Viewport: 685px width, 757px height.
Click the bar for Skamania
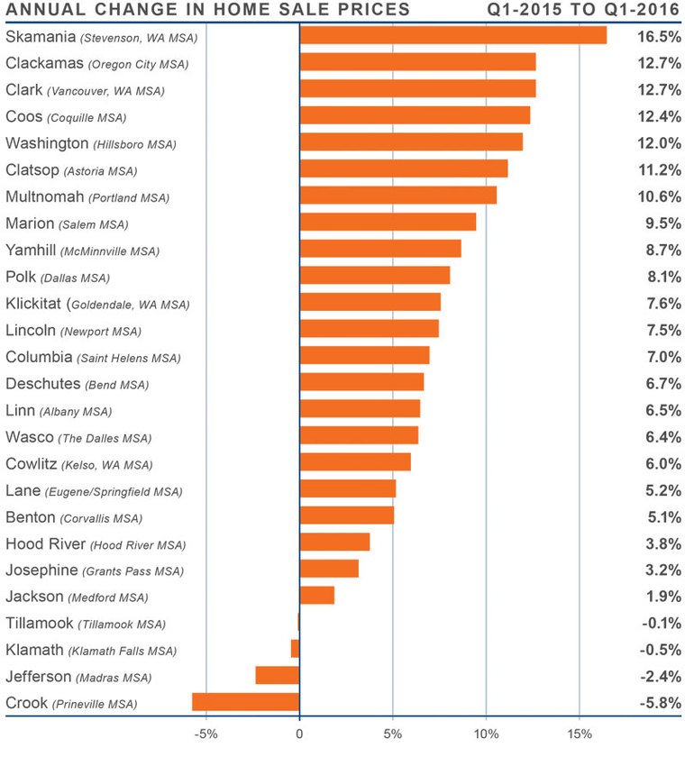pos(452,35)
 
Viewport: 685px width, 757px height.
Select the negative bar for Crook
pos(245,702)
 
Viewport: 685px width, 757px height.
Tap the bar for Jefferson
pos(277,675)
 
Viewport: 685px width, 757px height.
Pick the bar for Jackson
pos(316,595)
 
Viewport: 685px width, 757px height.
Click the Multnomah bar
pos(397,196)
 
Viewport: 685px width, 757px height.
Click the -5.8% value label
pos(659,702)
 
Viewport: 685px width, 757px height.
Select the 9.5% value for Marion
pos(662,223)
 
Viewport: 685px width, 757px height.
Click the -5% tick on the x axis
pos(205,733)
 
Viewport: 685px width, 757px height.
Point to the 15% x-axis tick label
pos(579,733)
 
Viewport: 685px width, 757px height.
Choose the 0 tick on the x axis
pos(299,733)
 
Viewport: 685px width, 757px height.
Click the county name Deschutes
pos(42,383)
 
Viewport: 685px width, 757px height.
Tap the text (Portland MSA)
pos(131,197)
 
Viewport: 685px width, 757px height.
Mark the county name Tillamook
pos(40,623)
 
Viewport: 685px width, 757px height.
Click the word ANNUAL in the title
pos(43,10)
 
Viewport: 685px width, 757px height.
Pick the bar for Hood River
pos(334,542)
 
